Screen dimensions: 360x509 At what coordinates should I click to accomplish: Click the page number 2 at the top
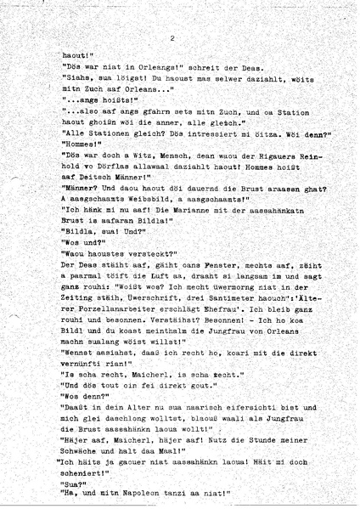pos(172,37)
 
